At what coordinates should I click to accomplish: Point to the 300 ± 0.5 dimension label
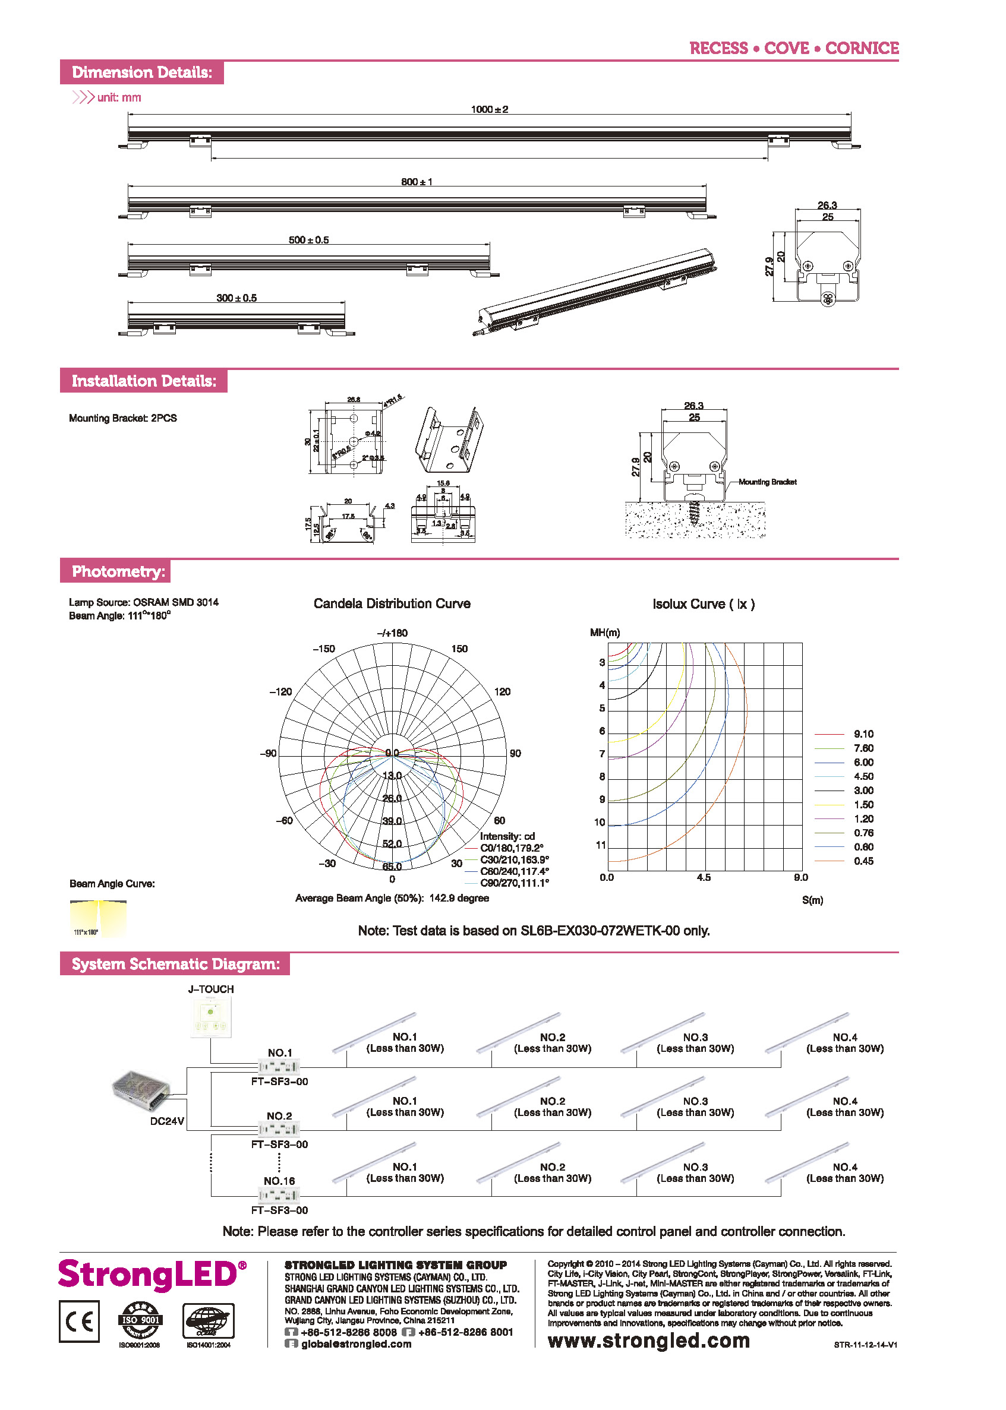point(236,298)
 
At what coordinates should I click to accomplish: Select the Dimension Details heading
point(142,72)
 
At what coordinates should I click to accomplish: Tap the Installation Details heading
point(144,381)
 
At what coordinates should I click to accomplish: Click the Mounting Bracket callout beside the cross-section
point(767,482)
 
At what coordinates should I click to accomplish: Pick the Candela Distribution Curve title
point(392,604)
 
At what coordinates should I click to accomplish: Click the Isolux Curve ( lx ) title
point(703,605)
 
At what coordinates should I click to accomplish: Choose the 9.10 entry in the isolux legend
point(863,734)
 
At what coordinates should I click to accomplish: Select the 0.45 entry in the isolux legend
point(863,861)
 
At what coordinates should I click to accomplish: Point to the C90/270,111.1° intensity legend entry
point(514,883)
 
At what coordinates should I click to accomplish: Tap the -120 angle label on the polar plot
point(280,692)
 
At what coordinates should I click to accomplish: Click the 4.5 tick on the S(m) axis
point(704,877)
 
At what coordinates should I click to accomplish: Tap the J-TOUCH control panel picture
point(210,1018)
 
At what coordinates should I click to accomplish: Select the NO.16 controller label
point(279,1181)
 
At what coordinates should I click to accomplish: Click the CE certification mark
point(79,1322)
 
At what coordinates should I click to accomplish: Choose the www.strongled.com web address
point(648,1341)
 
